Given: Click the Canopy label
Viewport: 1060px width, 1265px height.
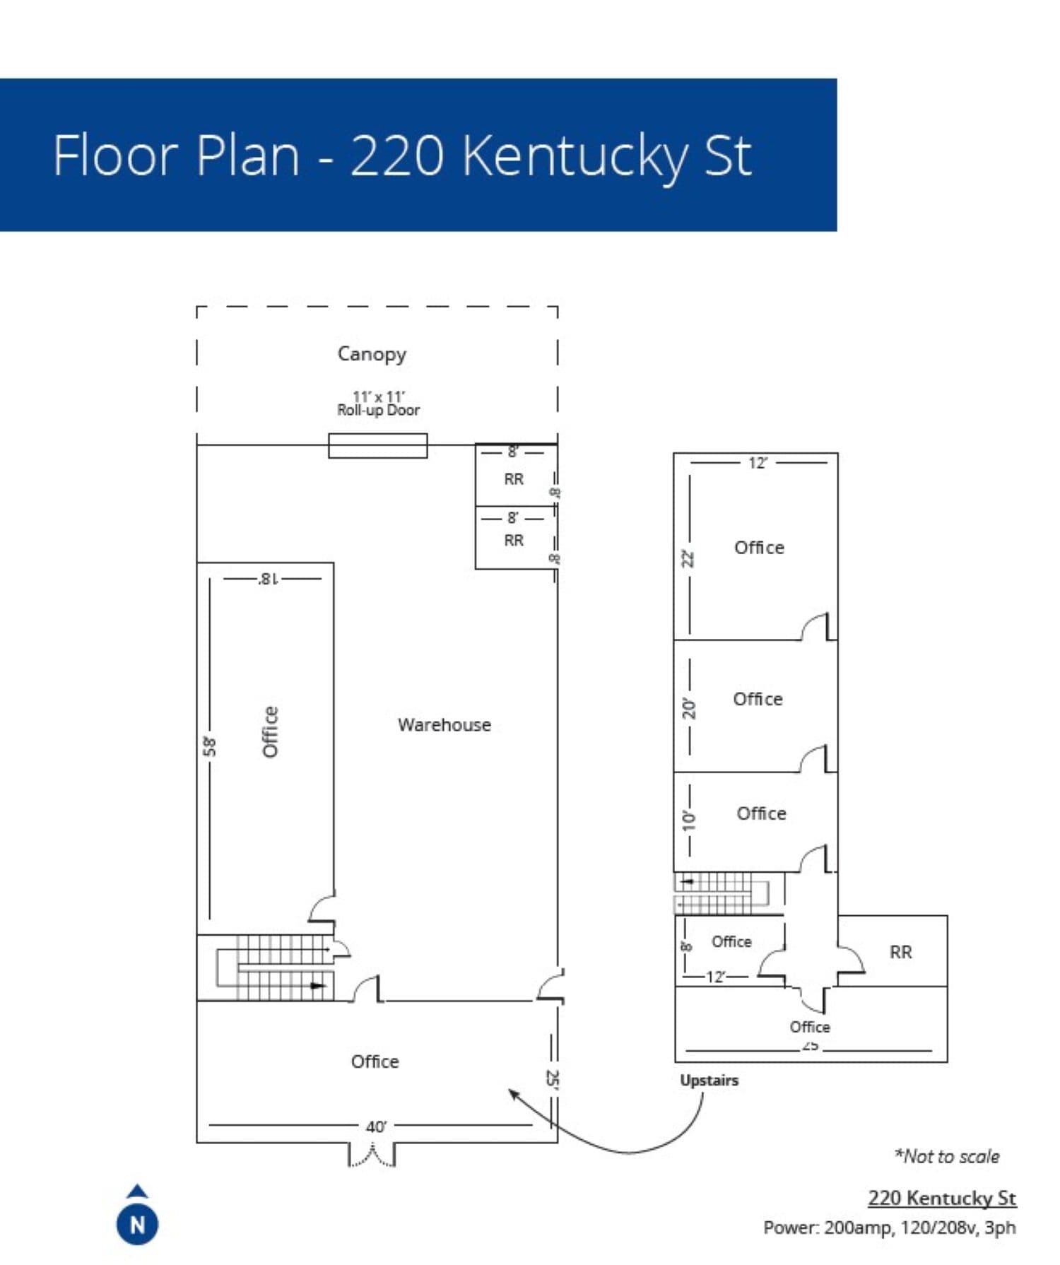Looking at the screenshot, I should click(372, 353).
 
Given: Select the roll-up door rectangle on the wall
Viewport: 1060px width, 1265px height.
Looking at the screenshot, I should click(377, 446).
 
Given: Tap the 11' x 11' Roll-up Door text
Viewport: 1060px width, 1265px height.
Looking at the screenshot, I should click(378, 404).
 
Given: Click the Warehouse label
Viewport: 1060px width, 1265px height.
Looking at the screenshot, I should click(444, 724).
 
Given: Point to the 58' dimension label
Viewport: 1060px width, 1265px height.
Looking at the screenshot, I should click(210, 746).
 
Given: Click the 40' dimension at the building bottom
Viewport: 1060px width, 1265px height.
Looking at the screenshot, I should click(376, 1126).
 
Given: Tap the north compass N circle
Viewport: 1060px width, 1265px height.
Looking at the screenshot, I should click(137, 1224).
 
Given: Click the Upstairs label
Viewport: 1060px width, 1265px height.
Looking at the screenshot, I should click(709, 1080).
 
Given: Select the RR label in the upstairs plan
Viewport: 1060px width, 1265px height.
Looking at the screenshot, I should click(900, 952).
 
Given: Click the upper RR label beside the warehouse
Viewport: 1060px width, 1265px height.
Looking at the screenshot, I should click(514, 479).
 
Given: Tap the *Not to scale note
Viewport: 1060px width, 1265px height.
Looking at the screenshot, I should click(946, 1156).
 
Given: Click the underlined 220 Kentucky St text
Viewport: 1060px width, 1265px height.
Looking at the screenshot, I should click(941, 1198).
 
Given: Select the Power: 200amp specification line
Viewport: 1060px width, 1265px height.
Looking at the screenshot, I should click(889, 1228).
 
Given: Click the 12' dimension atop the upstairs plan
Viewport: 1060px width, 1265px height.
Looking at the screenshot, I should click(758, 463).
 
